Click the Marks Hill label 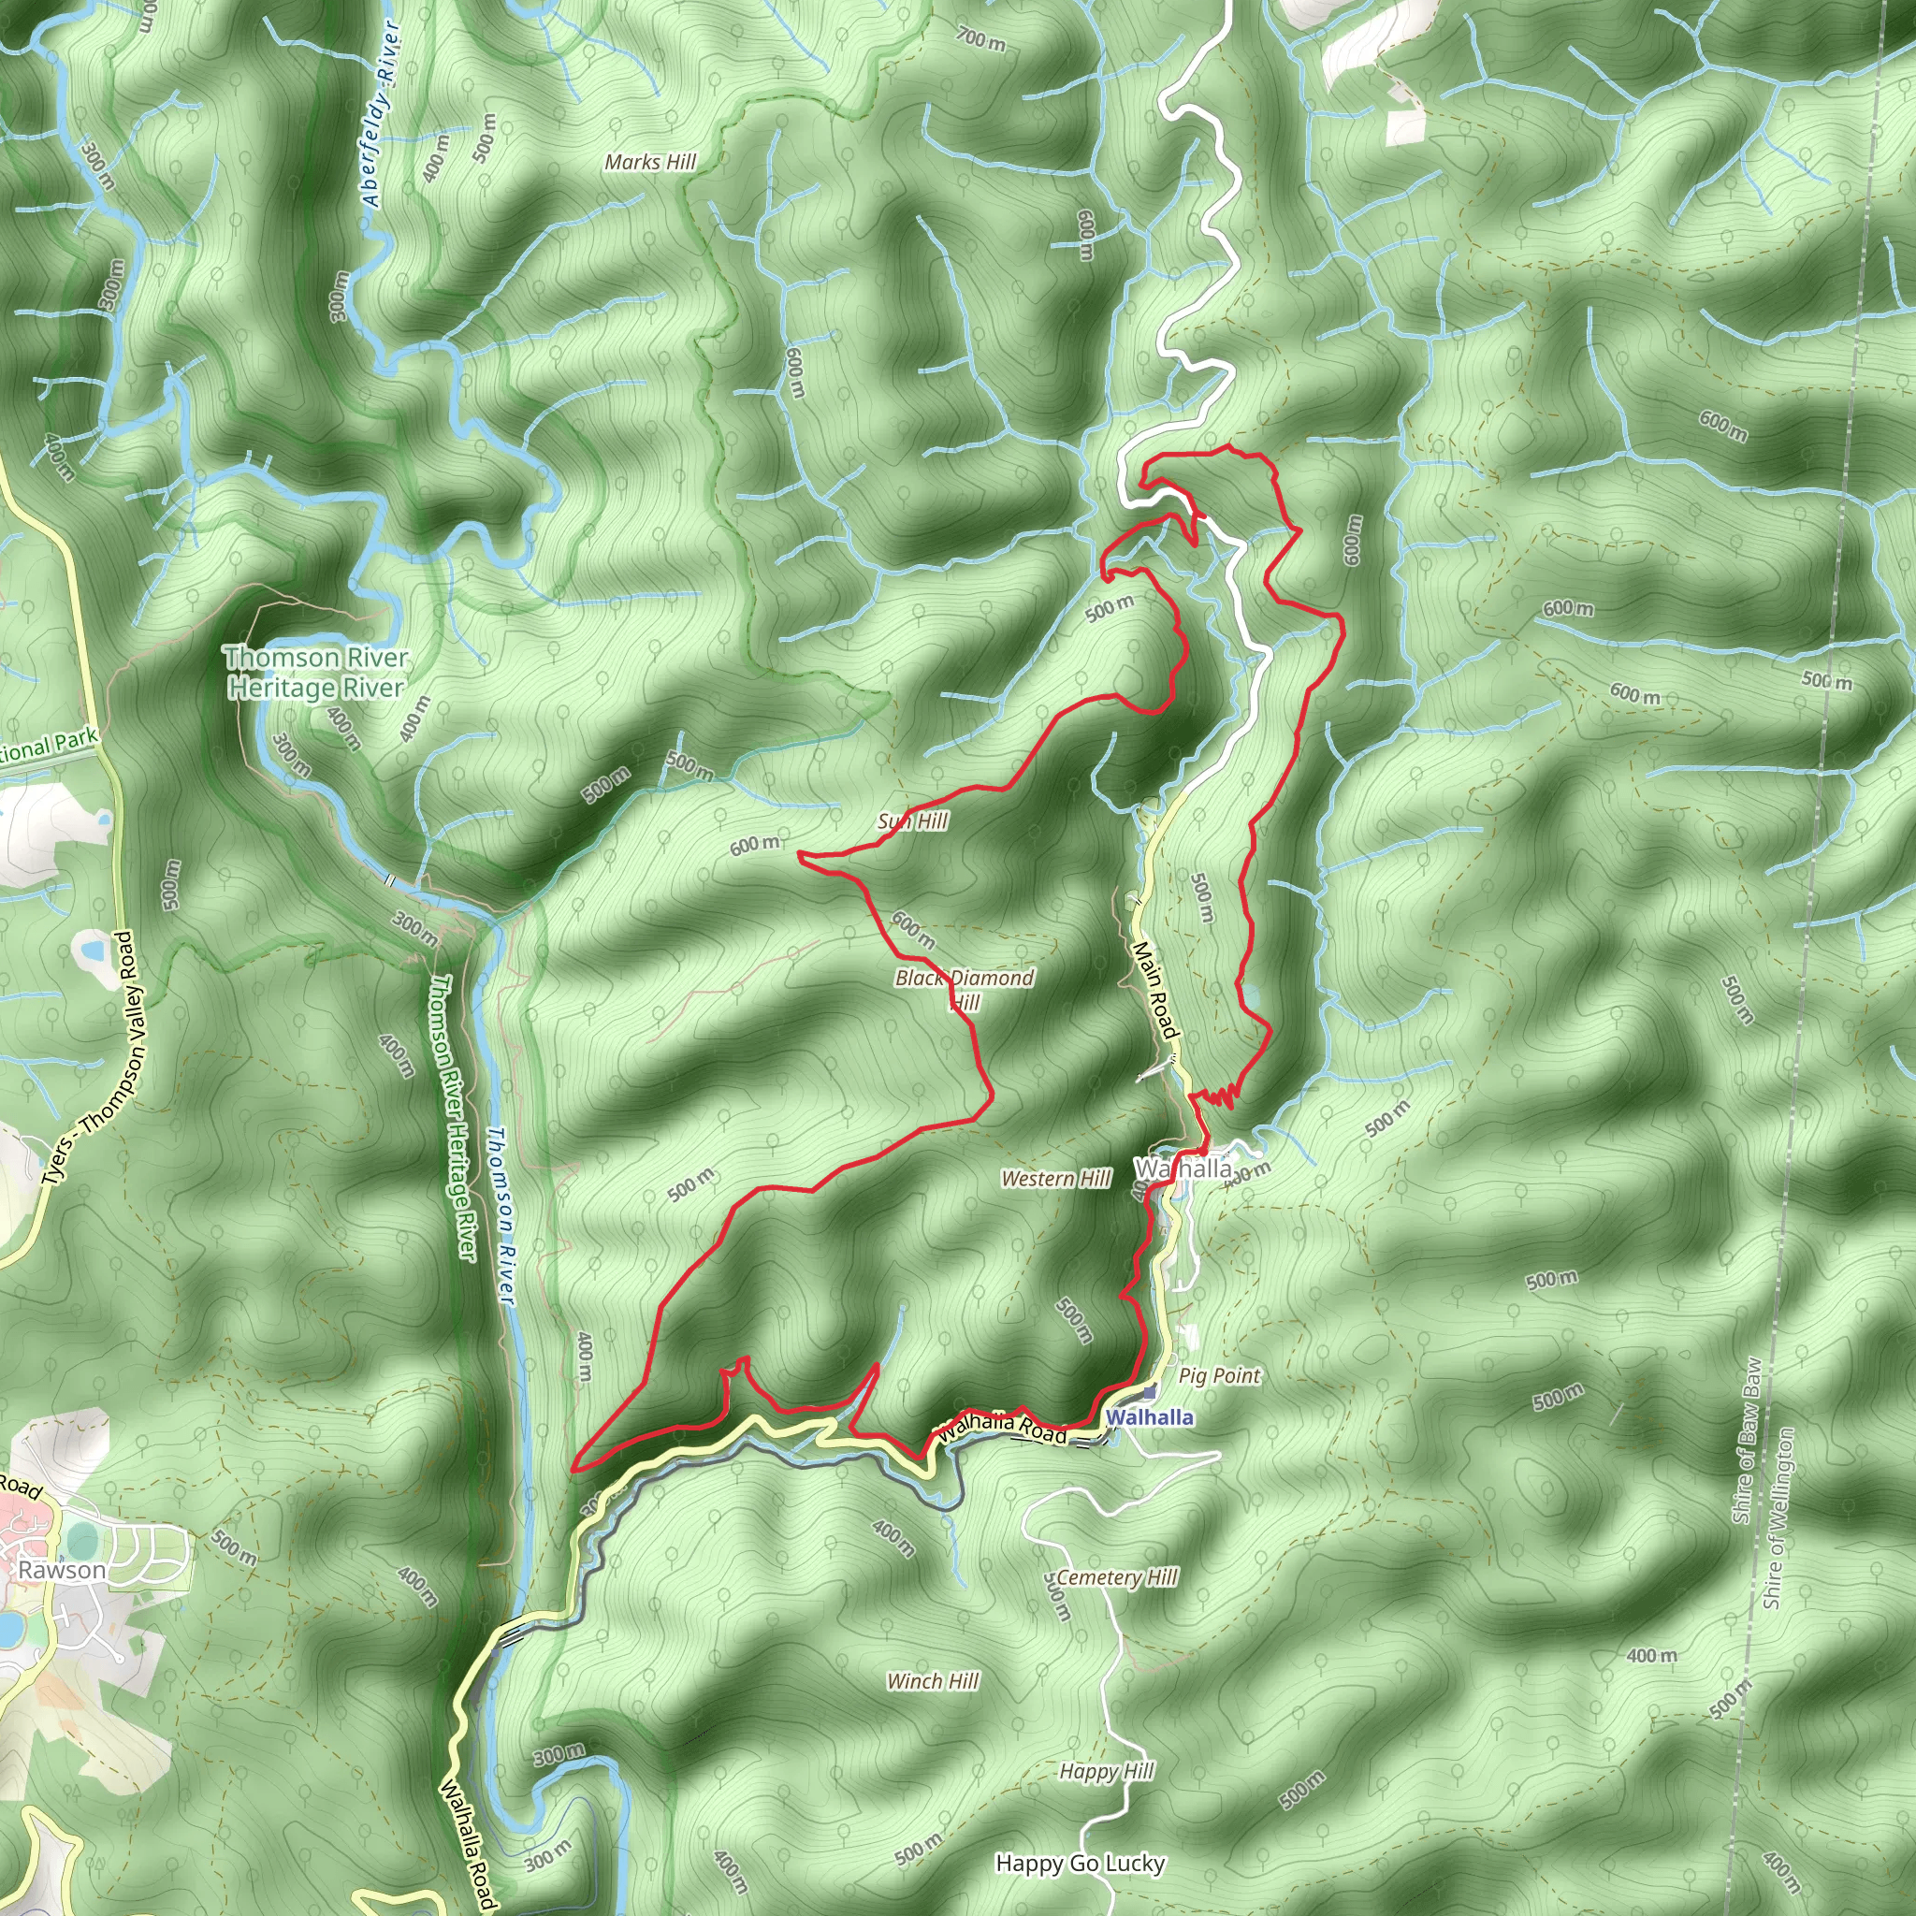pyautogui.click(x=650, y=162)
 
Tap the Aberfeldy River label pyautogui.click(x=382, y=113)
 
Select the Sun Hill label pyautogui.click(x=913, y=821)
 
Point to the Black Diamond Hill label pyautogui.click(x=964, y=990)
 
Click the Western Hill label pyautogui.click(x=1056, y=1178)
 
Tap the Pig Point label pyautogui.click(x=1219, y=1375)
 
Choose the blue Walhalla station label pyautogui.click(x=1150, y=1417)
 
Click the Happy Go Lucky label pyautogui.click(x=1080, y=1864)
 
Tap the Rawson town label pyautogui.click(x=62, y=1570)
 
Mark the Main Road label pyautogui.click(x=1156, y=989)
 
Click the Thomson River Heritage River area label pyautogui.click(x=316, y=673)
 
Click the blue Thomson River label pyautogui.click(x=501, y=1216)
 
